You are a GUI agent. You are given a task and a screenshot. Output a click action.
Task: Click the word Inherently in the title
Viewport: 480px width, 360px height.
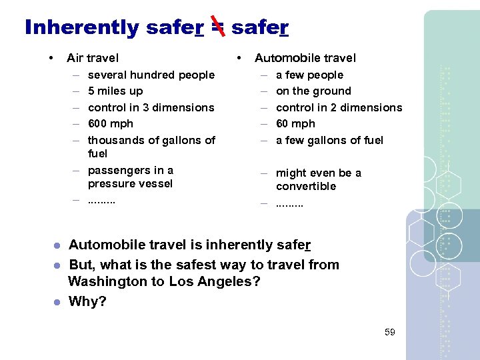tap(82, 27)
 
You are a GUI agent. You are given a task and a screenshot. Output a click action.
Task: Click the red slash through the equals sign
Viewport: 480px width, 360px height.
tap(217, 27)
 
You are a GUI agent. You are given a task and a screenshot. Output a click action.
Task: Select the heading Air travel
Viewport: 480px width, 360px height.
tap(93, 58)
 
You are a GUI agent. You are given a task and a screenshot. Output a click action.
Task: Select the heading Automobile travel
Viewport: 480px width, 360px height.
tap(305, 58)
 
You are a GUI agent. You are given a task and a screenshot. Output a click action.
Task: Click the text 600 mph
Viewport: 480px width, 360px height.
tap(111, 123)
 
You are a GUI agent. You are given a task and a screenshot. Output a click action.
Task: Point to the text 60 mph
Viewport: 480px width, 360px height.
tap(295, 123)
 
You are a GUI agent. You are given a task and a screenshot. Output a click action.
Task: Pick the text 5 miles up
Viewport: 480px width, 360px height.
tap(115, 91)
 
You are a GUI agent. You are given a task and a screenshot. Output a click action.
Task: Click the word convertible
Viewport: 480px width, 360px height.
tap(306, 186)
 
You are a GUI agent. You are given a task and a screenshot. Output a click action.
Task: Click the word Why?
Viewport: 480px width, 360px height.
tap(87, 301)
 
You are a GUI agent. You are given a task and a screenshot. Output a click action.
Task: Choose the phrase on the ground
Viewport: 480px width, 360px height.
tap(313, 91)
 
